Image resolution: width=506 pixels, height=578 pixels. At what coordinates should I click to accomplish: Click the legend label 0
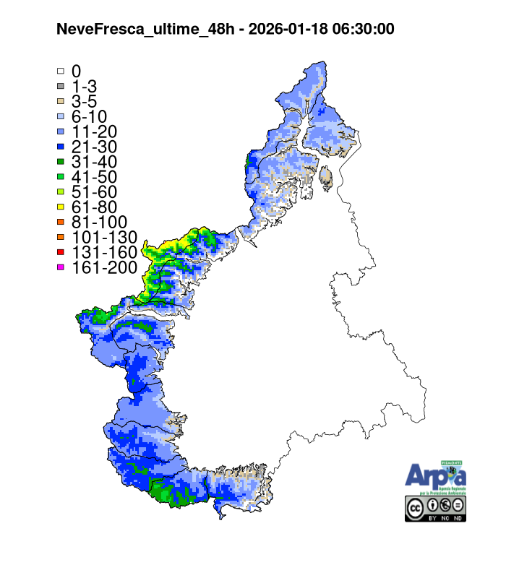(76, 72)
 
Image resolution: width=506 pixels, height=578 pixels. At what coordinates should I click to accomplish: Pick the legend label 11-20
(95, 131)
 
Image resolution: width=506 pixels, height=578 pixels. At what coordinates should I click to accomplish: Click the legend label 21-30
(95, 147)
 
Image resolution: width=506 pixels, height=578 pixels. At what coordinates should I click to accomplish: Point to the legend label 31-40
(95, 162)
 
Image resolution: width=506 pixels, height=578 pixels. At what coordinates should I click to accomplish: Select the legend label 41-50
(95, 176)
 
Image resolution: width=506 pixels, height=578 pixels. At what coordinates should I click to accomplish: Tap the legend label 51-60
(95, 191)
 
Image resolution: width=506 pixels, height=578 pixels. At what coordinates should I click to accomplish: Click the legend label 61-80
(95, 207)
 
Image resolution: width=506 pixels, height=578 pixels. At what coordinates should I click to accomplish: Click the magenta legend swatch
(61, 267)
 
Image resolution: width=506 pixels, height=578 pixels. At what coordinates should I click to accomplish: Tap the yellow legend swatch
(61, 207)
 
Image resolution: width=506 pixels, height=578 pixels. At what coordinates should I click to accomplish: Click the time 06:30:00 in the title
(359, 29)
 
